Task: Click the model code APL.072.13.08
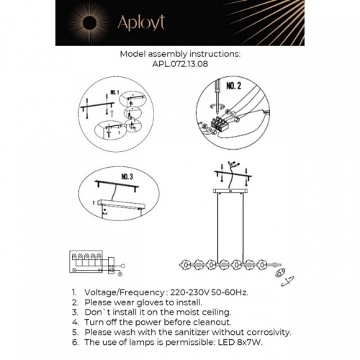click(x=180, y=63)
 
